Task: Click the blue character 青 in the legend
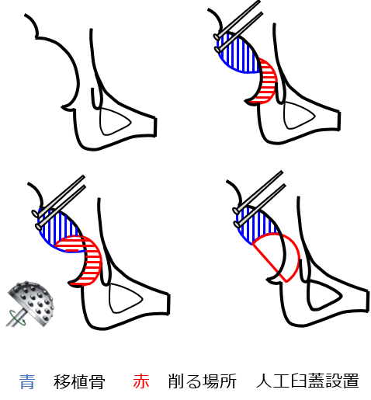[27, 381]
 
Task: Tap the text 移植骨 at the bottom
[79, 381]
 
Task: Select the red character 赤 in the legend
[141, 381]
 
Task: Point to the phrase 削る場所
[203, 381]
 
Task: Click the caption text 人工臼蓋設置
[307, 381]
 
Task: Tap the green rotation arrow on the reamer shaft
[17, 318]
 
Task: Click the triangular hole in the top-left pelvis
[114, 122]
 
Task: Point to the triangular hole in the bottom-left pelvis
[124, 298]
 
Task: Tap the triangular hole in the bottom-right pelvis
[324, 295]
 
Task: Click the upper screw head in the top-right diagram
[217, 37]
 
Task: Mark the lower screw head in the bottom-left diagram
[39, 227]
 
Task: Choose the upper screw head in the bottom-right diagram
[236, 211]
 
